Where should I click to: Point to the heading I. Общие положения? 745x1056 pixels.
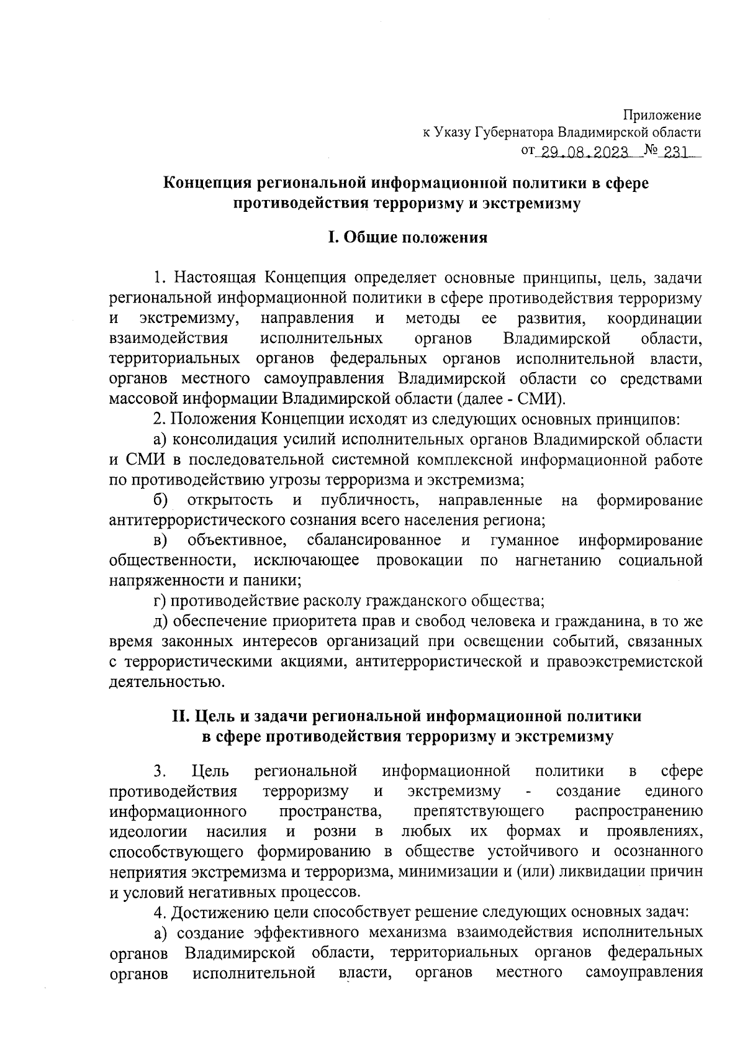pyautogui.click(x=407, y=238)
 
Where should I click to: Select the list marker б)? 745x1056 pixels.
pyautogui.click(x=160, y=501)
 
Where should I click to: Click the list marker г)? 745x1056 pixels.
pyautogui.click(x=160, y=601)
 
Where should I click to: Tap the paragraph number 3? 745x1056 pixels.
pyautogui.click(x=160, y=772)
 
